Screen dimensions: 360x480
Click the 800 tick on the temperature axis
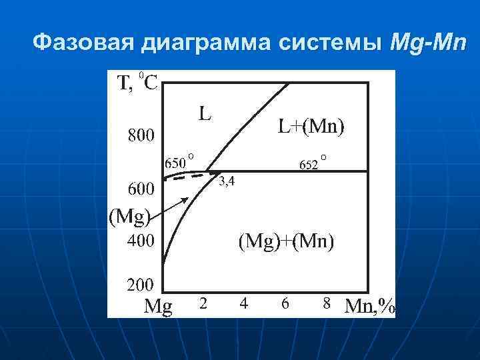point(141,136)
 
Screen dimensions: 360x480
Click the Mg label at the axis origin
point(159,307)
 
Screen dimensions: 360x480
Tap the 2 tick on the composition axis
point(203,303)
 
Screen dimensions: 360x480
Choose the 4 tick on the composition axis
point(244,303)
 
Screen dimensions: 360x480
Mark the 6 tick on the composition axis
point(285,303)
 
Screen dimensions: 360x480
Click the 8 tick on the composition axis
point(327,303)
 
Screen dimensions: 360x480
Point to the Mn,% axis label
point(369,305)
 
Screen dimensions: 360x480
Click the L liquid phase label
point(205,113)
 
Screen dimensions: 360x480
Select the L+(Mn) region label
point(311,127)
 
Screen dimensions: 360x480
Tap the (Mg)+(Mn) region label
point(287,241)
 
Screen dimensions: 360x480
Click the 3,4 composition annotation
point(227,181)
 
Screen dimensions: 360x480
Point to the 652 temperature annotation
point(309,164)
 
